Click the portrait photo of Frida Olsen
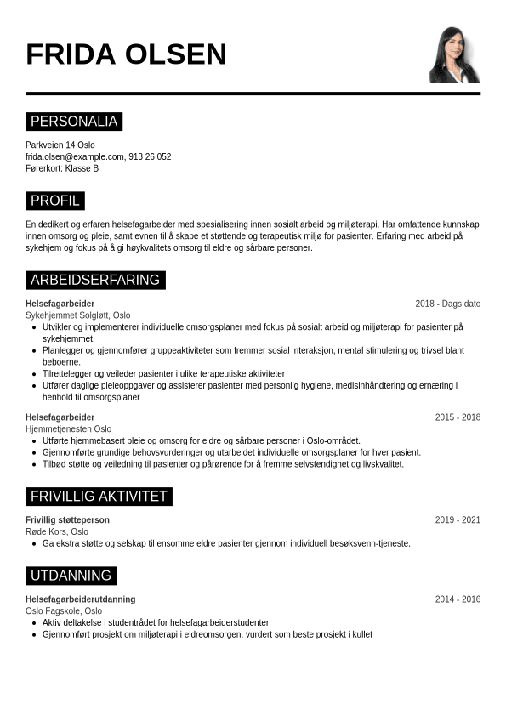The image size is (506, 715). click(x=454, y=54)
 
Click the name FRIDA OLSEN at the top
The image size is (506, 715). click(x=126, y=54)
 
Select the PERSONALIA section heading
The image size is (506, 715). click(x=74, y=122)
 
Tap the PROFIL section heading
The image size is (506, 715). click(x=55, y=201)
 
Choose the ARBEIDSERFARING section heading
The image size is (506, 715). click(x=95, y=280)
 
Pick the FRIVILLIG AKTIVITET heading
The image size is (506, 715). click(x=99, y=497)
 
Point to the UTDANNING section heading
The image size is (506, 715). click(x=71, y=576)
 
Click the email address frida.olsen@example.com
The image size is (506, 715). click(x=75, y=157)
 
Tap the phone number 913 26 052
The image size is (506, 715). click(x=150, y=157)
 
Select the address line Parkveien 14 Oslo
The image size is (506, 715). click(x=60, y=145)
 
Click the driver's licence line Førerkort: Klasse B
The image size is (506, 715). click(x=62, y=168)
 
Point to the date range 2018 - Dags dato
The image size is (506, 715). click(x=447, y=304)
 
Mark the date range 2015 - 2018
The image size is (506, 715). click(x=458, y=417)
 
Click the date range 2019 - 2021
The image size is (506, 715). click(x=458, y=520)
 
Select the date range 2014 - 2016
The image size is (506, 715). click(x=458, y=599)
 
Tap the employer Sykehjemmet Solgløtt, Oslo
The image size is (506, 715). click(x=78, y=315)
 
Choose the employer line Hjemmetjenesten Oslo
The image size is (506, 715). click(x=68, y=429)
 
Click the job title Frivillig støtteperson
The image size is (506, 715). click(x=67, y=520)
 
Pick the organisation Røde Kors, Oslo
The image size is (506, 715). click(x=57, y=532)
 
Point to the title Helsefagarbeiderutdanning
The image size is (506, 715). click(x=80, y=599)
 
